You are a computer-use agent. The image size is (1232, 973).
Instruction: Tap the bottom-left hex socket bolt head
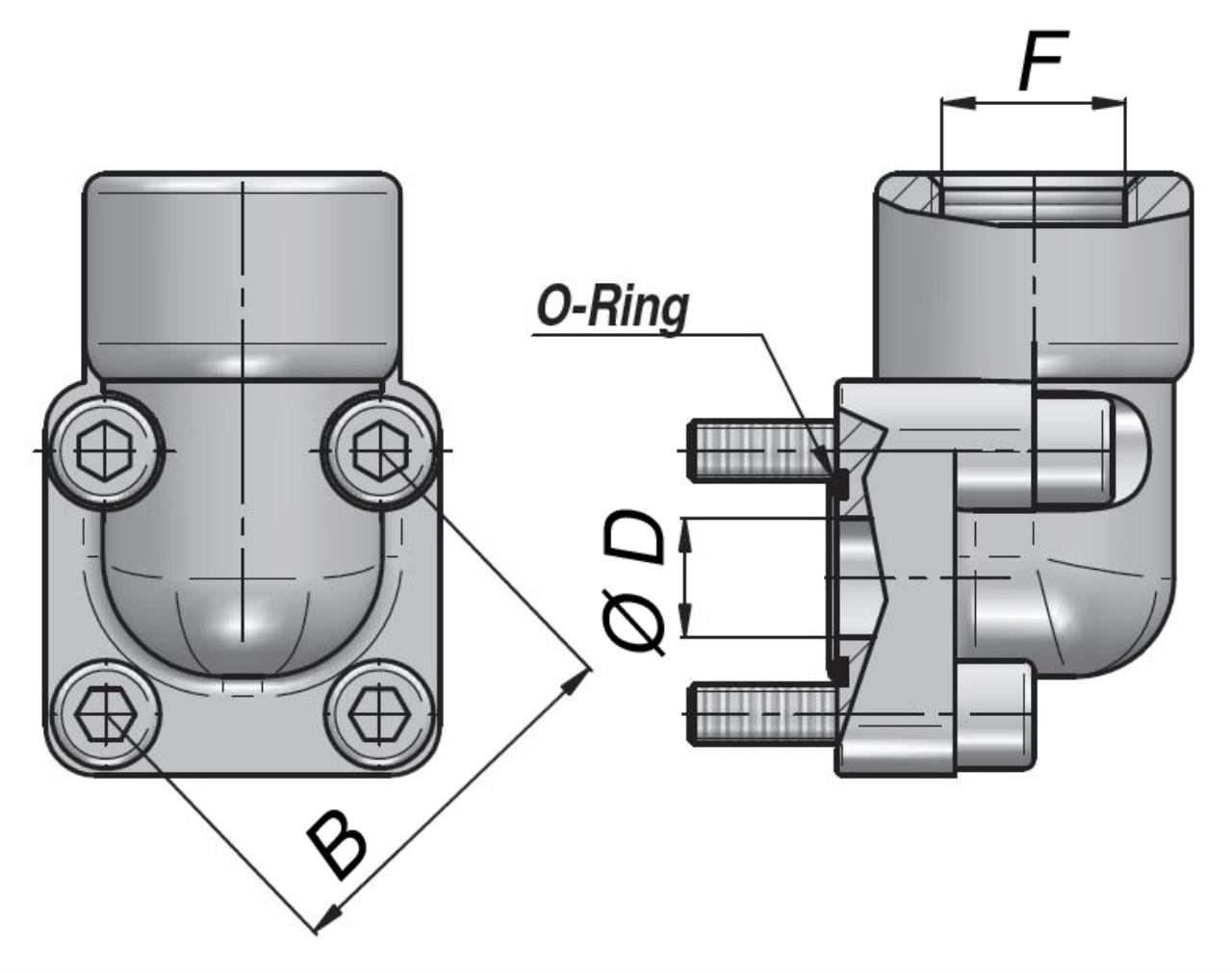pyautogui.click(x=104, y=713)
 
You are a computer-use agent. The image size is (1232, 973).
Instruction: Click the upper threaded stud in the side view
pyautogui.click(x=760, y=448)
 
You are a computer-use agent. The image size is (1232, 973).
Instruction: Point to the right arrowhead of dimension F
pyautogui.click(x=1111, y=102)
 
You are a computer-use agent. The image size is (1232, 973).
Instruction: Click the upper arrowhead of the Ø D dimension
pyautogui.click(x=685, y=534)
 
